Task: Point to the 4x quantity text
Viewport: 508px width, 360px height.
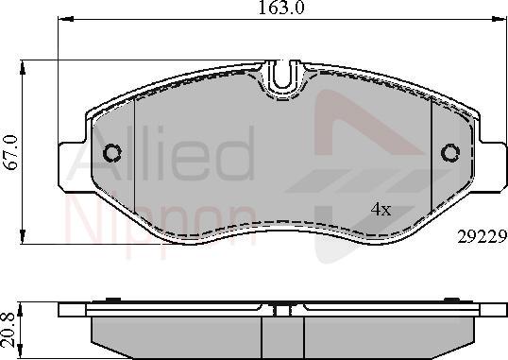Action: pos(381,208)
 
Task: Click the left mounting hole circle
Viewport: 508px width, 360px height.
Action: pos(113,152)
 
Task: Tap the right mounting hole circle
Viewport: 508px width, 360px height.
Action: pos(450,152)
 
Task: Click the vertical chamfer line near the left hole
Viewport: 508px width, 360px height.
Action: pos(136,156)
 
